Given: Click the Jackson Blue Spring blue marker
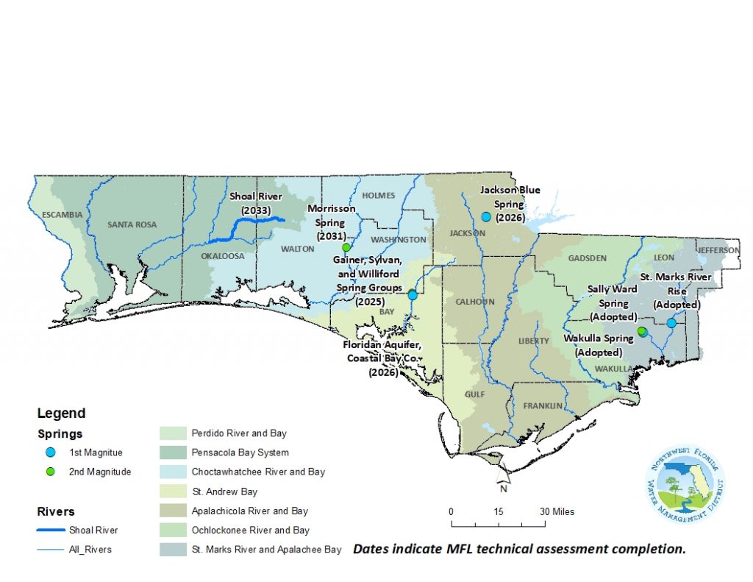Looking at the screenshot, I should point(486,216).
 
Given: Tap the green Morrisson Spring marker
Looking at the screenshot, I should point(346,247).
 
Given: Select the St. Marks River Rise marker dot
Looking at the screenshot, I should point(671,323).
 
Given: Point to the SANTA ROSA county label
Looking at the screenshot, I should point(132,224).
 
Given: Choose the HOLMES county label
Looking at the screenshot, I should point(378,196).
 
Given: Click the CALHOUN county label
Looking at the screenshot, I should point(475,302).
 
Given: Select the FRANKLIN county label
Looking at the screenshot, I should point(543,406).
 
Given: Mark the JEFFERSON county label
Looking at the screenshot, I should point(719,250).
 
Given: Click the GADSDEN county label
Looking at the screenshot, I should point(587,258).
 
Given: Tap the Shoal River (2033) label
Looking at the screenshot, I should point(254,203).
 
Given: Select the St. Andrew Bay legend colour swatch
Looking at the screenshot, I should point(172,491).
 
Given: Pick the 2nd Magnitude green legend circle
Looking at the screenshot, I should point(51,472).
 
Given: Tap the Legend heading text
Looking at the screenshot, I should point(62,414).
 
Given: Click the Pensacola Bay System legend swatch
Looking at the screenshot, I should point(172,453).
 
